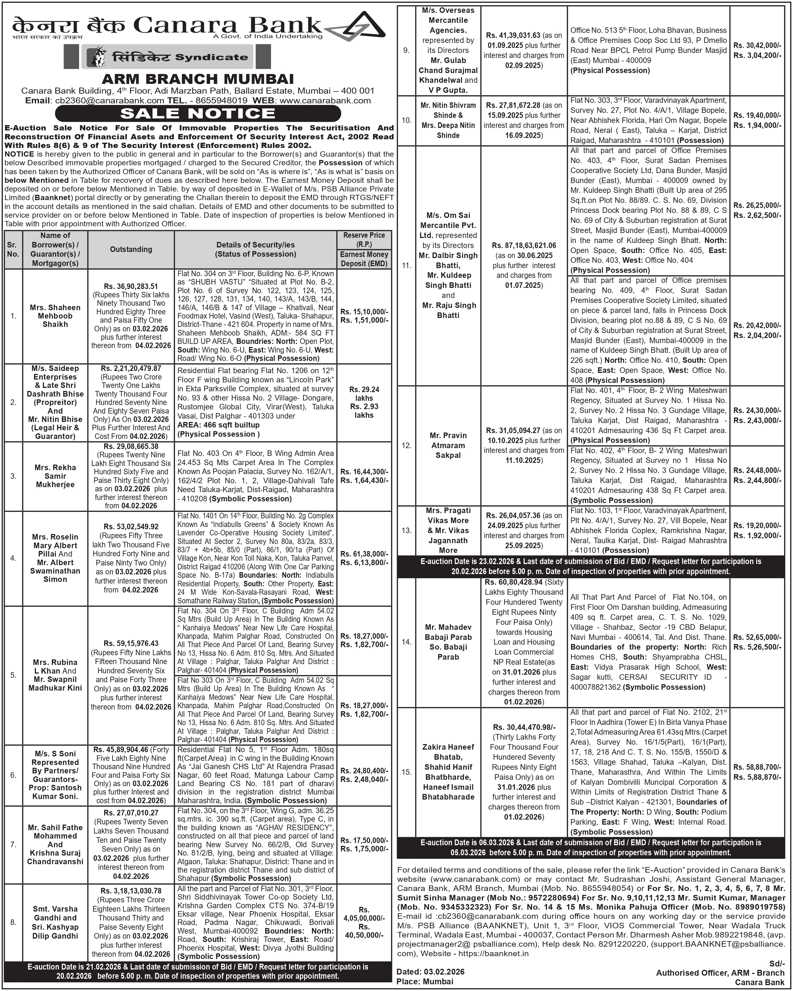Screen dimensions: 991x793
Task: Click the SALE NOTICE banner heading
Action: pos(198,113)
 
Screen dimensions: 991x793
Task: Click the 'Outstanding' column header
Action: pos(131,249)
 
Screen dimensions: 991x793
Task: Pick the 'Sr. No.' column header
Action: pos(13,249)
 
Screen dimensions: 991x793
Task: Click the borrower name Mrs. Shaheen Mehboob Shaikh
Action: pos(55,316)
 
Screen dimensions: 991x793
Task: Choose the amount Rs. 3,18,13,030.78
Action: pos(131,891)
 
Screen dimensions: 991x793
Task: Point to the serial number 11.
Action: pos(407,265)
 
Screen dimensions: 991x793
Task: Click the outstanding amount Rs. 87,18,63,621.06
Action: pos(524,246)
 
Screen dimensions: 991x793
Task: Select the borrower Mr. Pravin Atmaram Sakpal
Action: pos(448,445)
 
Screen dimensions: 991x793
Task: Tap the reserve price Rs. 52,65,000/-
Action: pos(757,638)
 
